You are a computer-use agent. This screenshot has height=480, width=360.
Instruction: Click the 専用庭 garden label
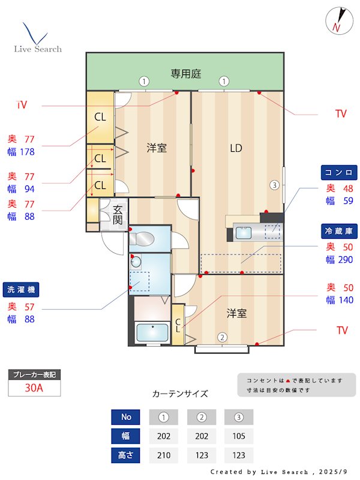tap(185, 74)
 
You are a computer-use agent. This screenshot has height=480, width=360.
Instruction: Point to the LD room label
tap(236, 148)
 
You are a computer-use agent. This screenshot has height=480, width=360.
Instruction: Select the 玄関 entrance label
tap(118, 214)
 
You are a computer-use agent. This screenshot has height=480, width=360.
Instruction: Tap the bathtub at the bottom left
tap(152, 332)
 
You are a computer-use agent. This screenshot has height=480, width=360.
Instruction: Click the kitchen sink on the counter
tap(245, 233)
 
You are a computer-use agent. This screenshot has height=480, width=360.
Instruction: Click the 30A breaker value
tap(34, 388)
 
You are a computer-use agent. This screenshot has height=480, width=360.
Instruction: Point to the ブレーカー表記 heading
tap(34, 375)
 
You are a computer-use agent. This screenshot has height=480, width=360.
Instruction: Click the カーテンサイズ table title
tap(180, 394)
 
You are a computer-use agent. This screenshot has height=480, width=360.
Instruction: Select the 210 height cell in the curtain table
tap(163, 455)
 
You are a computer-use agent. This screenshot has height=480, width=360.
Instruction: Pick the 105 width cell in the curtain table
tap(238, 436)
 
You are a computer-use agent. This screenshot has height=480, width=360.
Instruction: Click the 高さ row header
tap(126, 455)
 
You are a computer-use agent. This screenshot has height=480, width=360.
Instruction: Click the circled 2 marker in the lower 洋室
tap(222, 337)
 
